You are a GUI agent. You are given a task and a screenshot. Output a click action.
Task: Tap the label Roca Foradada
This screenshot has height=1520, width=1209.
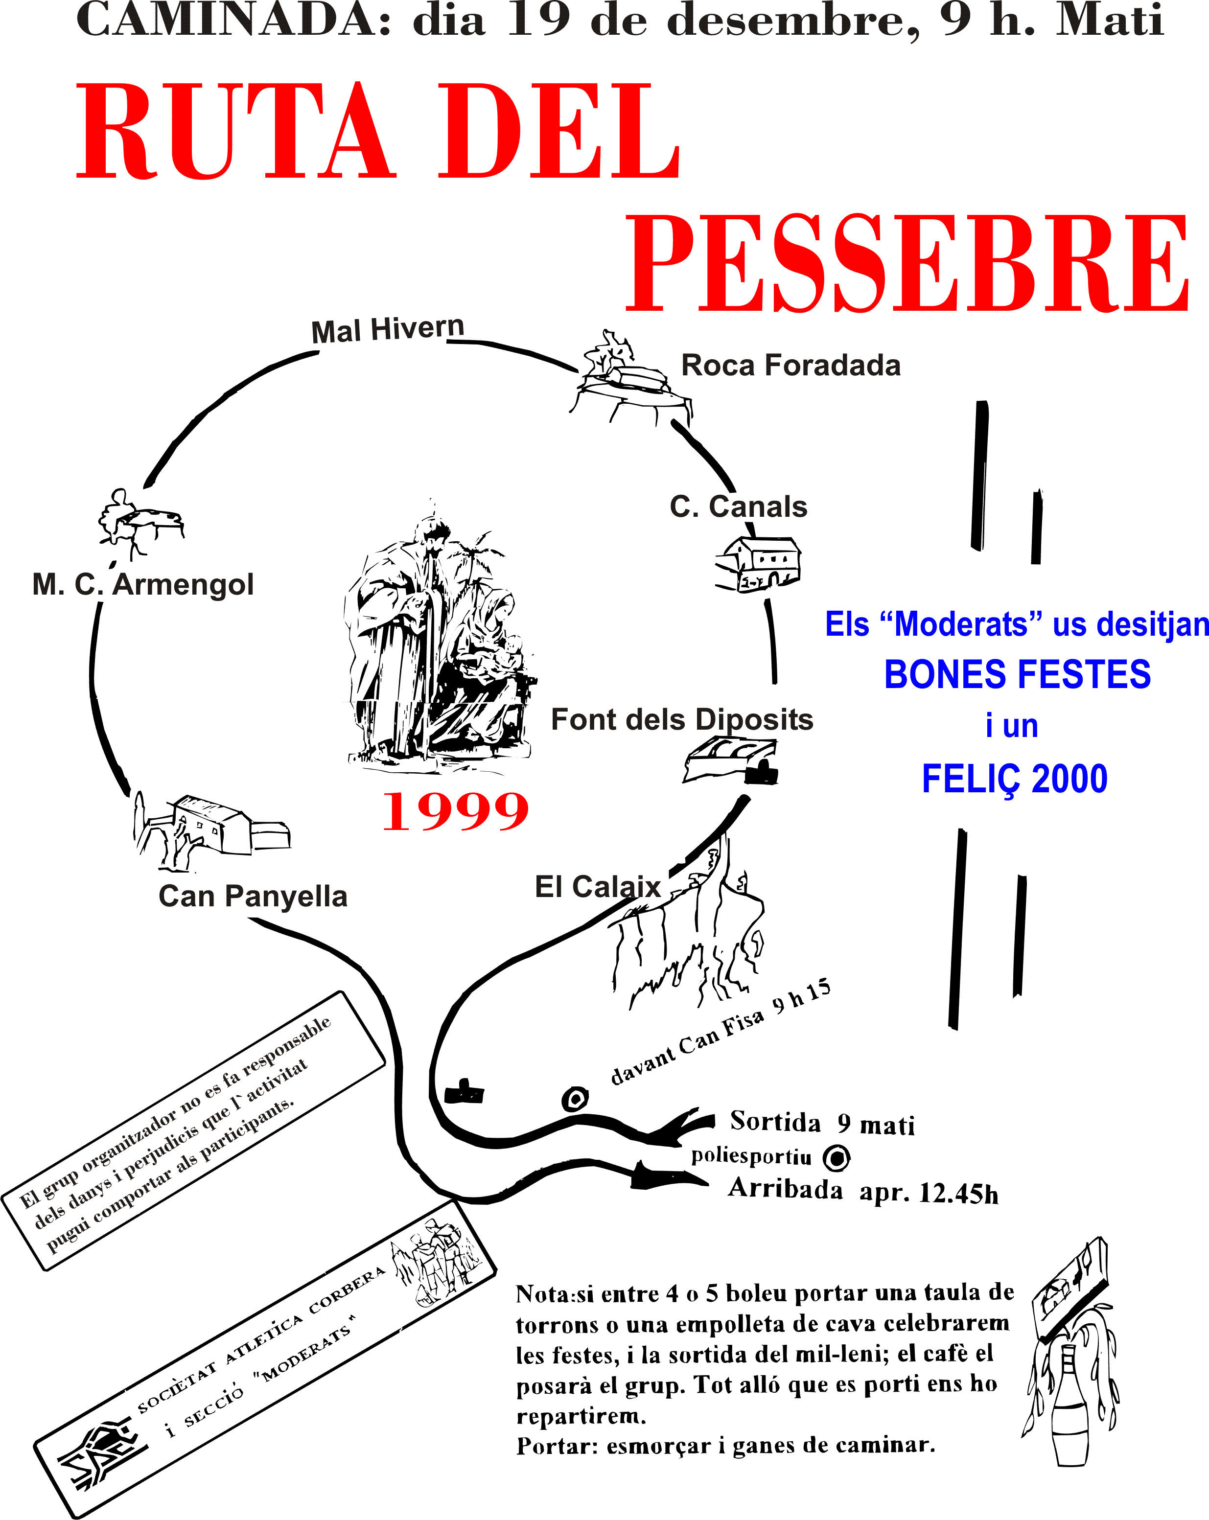point(790,365)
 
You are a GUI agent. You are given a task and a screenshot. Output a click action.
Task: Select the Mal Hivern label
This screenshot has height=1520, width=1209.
point(388,329)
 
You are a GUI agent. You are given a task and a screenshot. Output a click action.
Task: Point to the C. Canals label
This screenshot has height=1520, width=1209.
point(738,507)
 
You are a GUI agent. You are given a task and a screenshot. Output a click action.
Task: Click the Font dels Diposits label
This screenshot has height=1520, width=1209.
point(682,720)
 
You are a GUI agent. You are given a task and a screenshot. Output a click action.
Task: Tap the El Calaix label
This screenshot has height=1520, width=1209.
point(597,887)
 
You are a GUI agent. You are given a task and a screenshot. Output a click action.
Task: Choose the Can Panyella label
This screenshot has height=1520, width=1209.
point(253,896)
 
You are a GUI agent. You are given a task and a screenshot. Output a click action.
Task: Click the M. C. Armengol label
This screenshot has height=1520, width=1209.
point(143,584)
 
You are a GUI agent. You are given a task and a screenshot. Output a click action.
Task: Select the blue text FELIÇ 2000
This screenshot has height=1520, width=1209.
point(1014,780)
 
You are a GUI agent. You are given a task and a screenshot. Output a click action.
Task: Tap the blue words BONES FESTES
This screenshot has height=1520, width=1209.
point(1017,675)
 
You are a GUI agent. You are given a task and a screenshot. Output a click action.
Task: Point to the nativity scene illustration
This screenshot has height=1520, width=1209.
point(437,642)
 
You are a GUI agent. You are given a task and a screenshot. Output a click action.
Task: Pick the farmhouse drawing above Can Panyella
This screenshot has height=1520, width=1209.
point(211,829)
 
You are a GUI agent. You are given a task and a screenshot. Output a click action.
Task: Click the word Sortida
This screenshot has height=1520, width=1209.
point(775,1121)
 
